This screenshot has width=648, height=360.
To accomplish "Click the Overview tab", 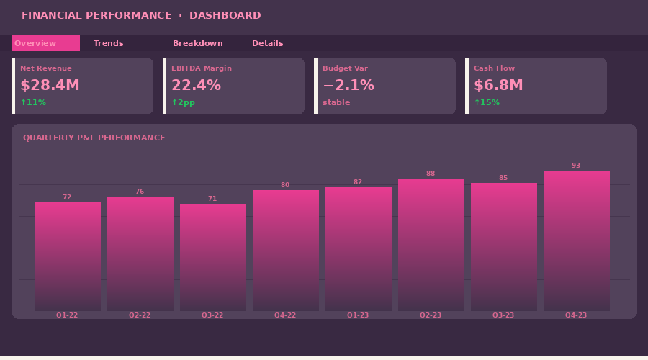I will pos(45,43).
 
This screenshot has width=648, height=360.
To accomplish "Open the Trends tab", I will pos(108,43).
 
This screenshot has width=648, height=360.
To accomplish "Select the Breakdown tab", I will pos(197,43).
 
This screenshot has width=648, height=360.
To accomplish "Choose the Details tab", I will pos(267,43).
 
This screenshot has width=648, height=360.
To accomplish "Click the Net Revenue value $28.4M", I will pos(50,85).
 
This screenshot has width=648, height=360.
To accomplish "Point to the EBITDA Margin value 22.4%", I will pos(196,85).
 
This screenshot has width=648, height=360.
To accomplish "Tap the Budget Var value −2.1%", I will pos(348,85).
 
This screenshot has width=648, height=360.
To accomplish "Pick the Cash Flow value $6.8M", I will pos(498,85).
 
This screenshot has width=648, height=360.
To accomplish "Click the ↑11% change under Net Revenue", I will pos(33,102).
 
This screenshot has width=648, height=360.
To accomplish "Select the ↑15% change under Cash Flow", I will pos(487,102).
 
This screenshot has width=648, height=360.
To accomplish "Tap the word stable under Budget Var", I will pos(336,102).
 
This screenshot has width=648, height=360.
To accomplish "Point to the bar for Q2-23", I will pos(431,245).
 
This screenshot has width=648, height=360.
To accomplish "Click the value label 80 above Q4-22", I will pos(285,185).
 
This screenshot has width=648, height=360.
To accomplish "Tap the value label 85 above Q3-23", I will pos(503,178).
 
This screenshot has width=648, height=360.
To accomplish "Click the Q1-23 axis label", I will pos(358,315).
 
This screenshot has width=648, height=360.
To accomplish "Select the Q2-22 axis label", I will pos(140,315).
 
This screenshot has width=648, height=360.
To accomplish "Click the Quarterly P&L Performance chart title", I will pos(94,138).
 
